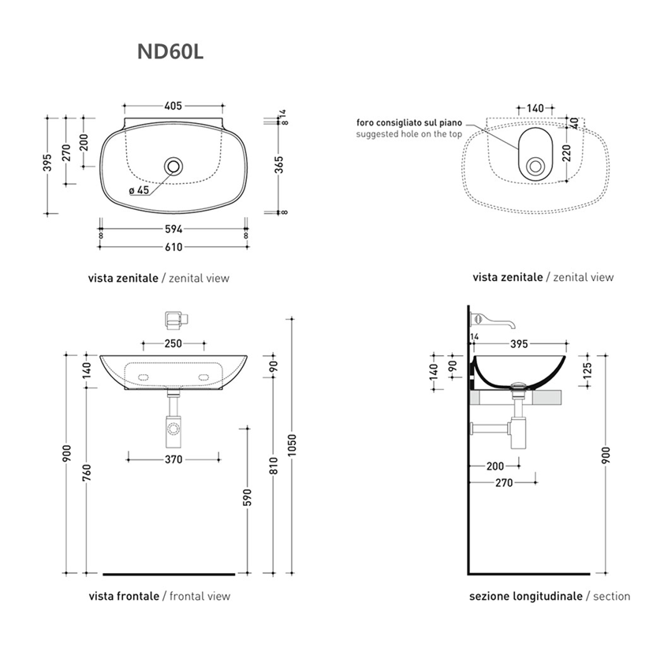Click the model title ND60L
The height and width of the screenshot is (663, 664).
pos(170,52)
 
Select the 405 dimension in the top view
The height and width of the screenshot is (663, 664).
pos(173,106)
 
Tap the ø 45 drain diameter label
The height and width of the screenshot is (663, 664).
pos(140,190)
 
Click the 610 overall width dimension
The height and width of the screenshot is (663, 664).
pos(173,247)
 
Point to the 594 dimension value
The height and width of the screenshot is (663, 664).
pos(173,229)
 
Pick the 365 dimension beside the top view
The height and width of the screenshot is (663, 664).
pos(278,165)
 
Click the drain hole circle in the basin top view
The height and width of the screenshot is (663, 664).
pos(173,166)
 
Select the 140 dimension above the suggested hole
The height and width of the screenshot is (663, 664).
pos(535,108)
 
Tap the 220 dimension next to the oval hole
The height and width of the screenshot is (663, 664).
pos(567,153)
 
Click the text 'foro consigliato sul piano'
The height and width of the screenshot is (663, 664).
pos(409,123)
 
